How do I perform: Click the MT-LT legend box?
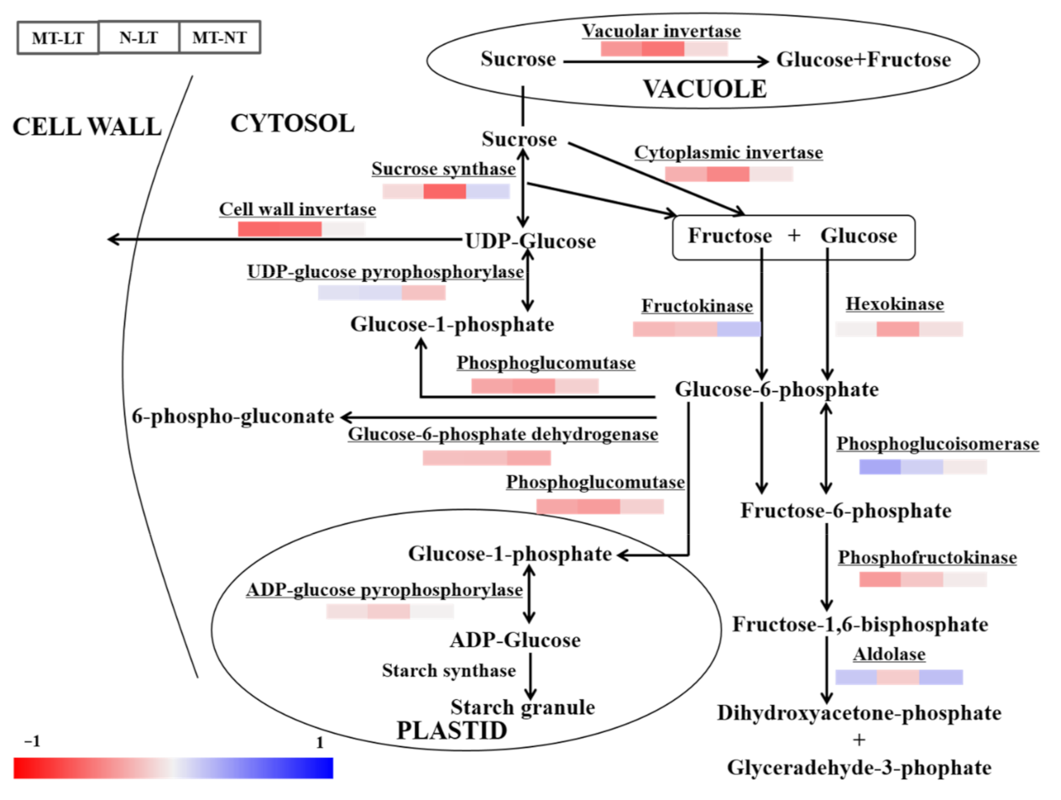tap(58, 38)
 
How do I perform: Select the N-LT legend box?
tap(139, 38)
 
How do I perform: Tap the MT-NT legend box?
tap(219, 38)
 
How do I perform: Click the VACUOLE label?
tap(704, 89)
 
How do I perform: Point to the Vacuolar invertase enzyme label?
tap(661, 31)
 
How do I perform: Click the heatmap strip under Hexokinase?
tap(899, 329)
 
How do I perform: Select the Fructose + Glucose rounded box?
tap(793, 237)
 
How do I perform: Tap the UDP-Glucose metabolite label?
tap(530, 242)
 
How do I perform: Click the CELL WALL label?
tap(86, 127)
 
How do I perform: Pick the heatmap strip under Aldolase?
tap(899, 677)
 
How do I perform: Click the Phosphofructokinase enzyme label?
tap(927, 557)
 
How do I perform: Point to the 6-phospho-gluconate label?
tap(233, 416)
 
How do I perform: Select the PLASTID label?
tap(452, 730)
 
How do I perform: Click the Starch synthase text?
tap(448, 671)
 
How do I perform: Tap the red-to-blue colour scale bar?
tap(173, 768)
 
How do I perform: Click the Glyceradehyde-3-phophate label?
tap(859, 768)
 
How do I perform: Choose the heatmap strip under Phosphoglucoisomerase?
tap(922, 467)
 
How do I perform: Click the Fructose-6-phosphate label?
tap(845, 511)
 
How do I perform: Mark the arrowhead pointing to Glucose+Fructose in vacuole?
tap(762, 60)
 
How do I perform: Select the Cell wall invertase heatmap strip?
tap(301, 229)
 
